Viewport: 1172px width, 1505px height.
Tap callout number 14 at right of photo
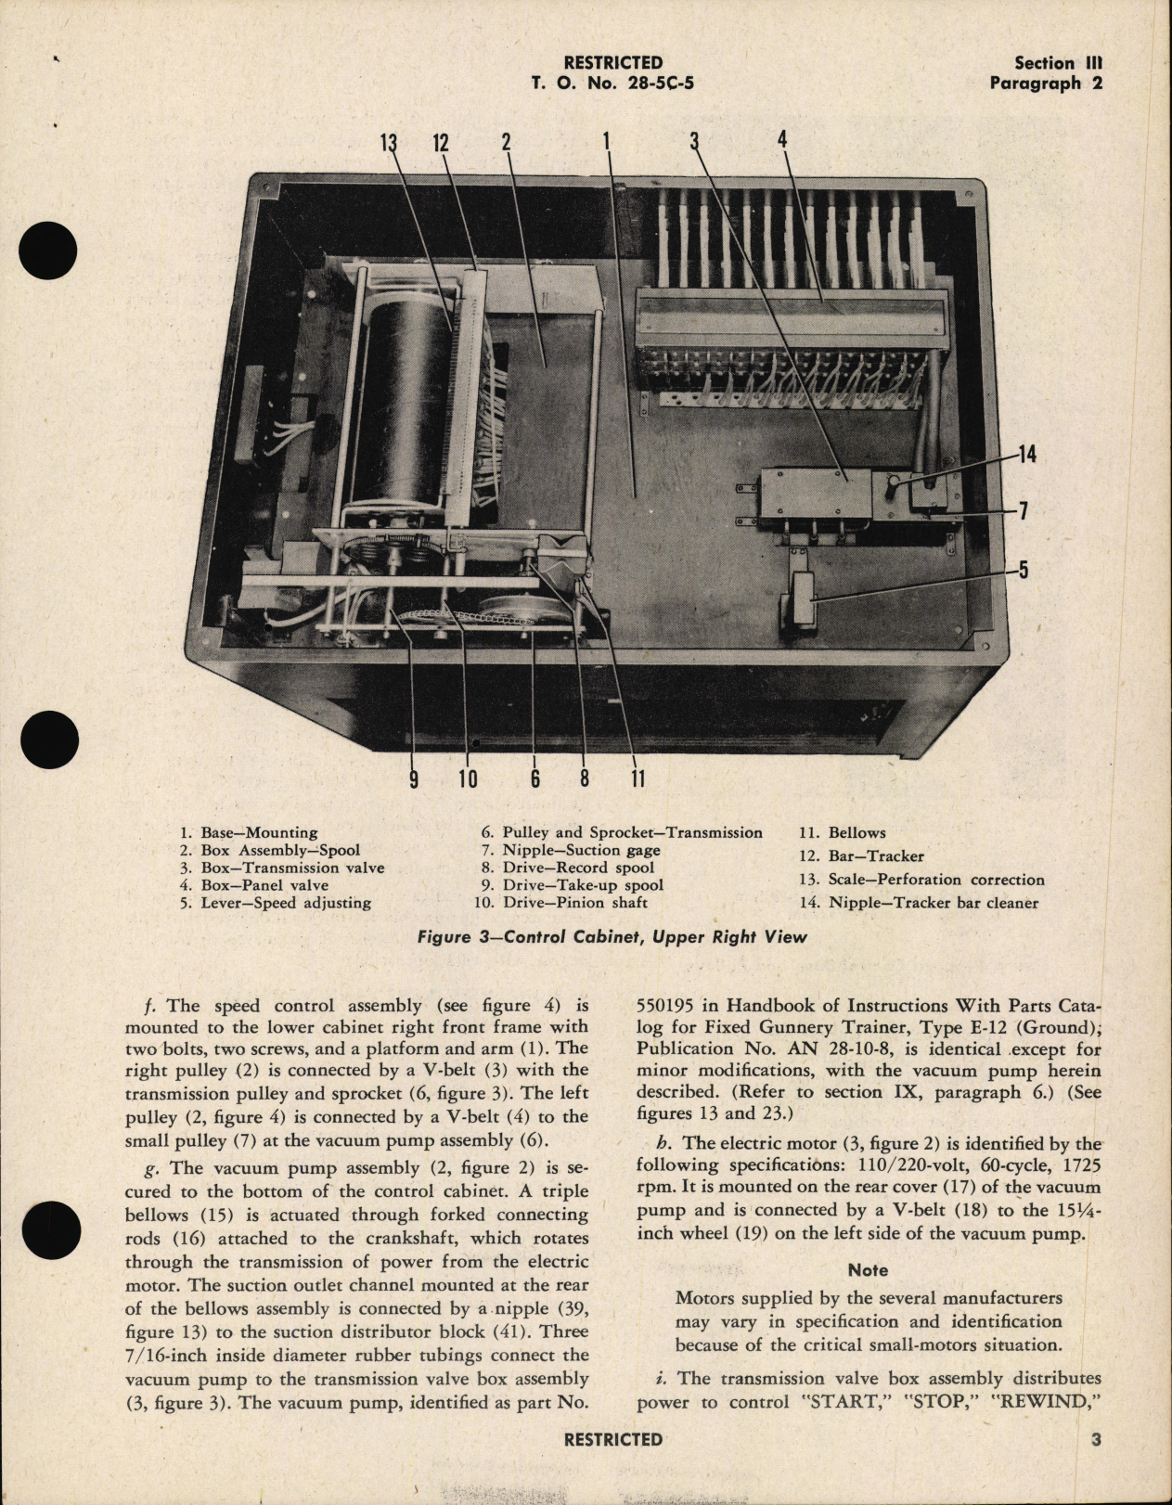click(1025, 455)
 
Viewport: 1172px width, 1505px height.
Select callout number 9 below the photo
click(414, 778)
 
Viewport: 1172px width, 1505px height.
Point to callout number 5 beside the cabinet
click(1023, 568)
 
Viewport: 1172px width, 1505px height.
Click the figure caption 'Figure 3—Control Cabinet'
click(612, 936)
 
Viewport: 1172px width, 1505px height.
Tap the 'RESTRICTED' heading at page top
click(612, 63)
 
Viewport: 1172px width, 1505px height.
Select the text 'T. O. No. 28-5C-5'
click(612, 83)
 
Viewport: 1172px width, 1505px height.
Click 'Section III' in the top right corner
click(1057, 63)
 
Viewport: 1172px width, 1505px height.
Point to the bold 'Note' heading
click(868, 1269)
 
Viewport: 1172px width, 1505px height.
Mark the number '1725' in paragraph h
click(1078, 1163)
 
